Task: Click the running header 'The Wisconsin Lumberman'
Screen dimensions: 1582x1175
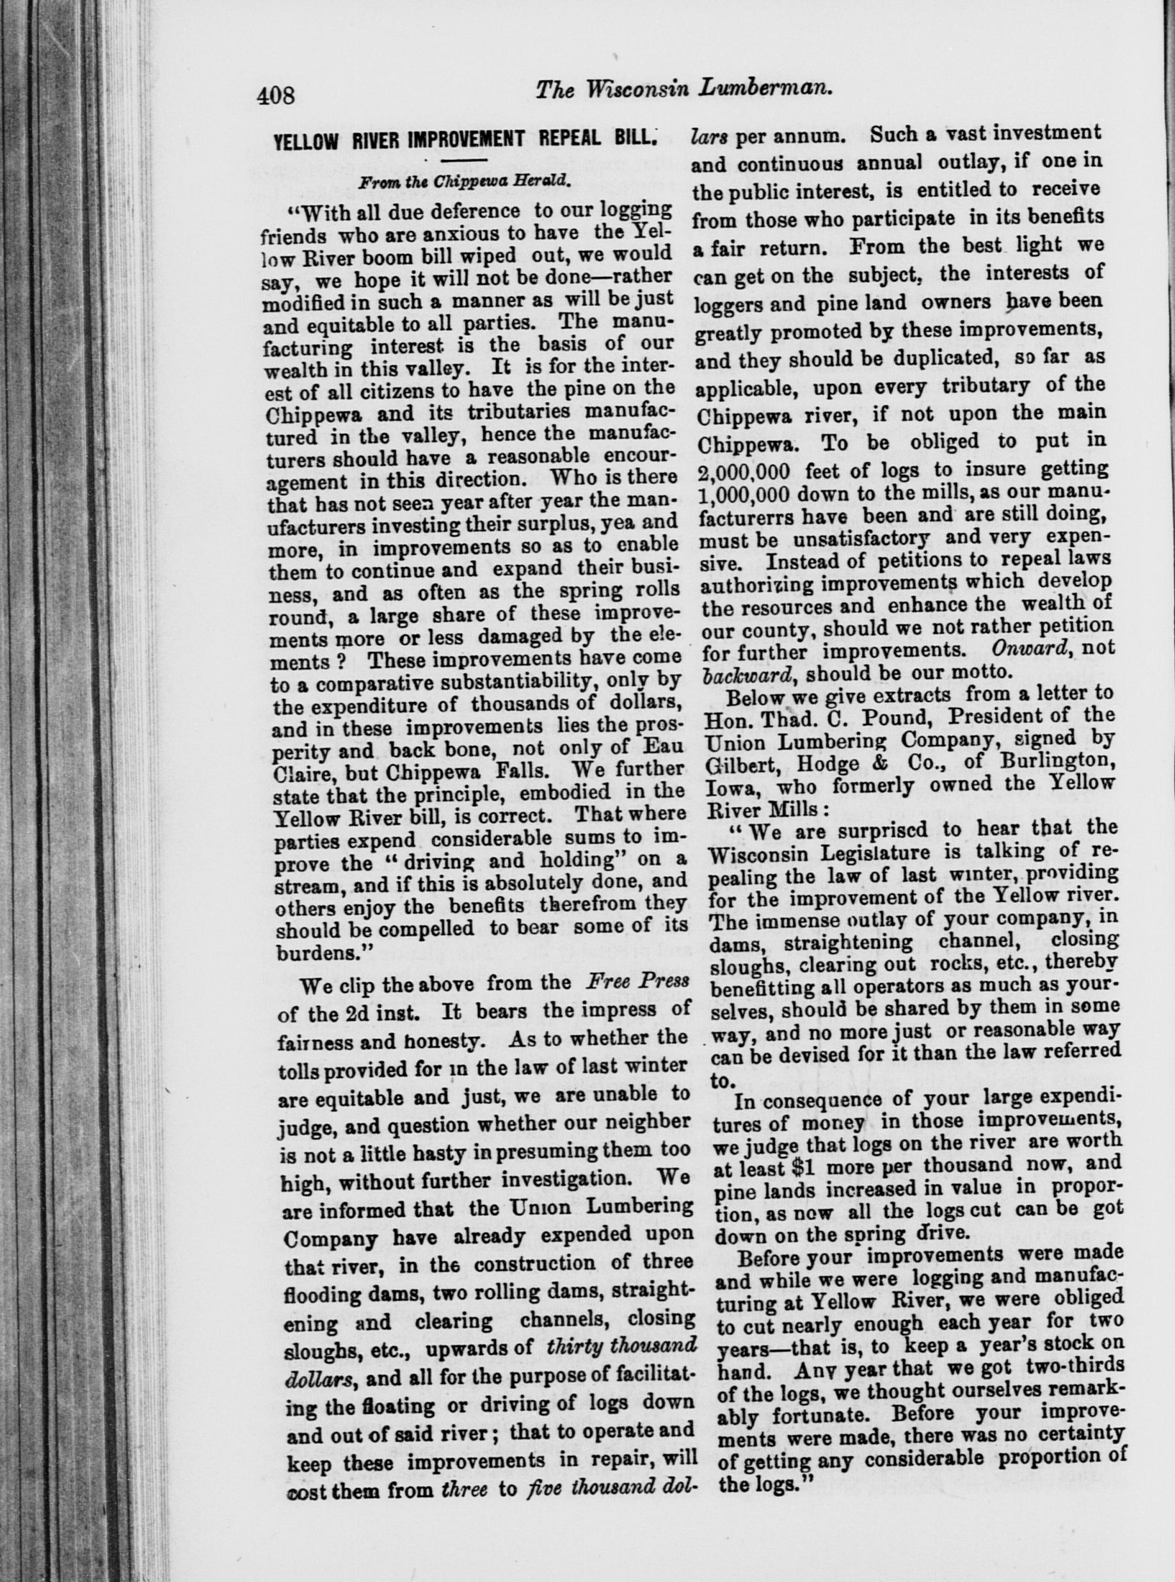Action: (x=684, y=89)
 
